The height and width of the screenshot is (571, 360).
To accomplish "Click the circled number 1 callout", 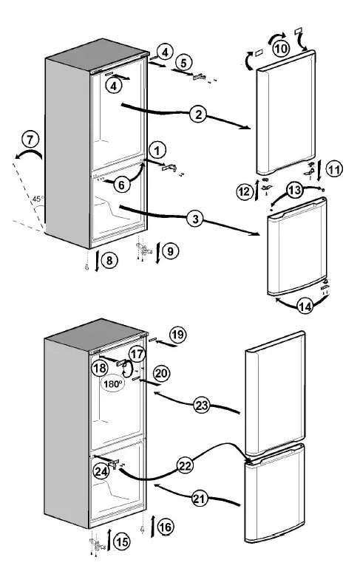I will [x=156, y=148].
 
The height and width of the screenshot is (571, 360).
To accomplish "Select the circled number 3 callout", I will [x=195, y=219].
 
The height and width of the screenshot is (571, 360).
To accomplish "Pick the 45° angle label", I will [x=37, y=197].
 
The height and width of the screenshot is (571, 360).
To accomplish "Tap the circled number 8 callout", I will [x=108, y=259].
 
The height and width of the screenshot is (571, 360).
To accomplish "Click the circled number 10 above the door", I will [x=280, y=47].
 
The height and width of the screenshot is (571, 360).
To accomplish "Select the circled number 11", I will [x=333, y=169].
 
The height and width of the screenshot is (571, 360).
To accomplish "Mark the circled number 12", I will [x=245, y=192].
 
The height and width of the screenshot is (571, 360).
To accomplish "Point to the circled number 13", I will [x=294, y=191].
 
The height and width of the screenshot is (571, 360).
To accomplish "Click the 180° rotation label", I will [x=113, y=384].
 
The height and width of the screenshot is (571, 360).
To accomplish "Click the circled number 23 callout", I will [x=201, y=404].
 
